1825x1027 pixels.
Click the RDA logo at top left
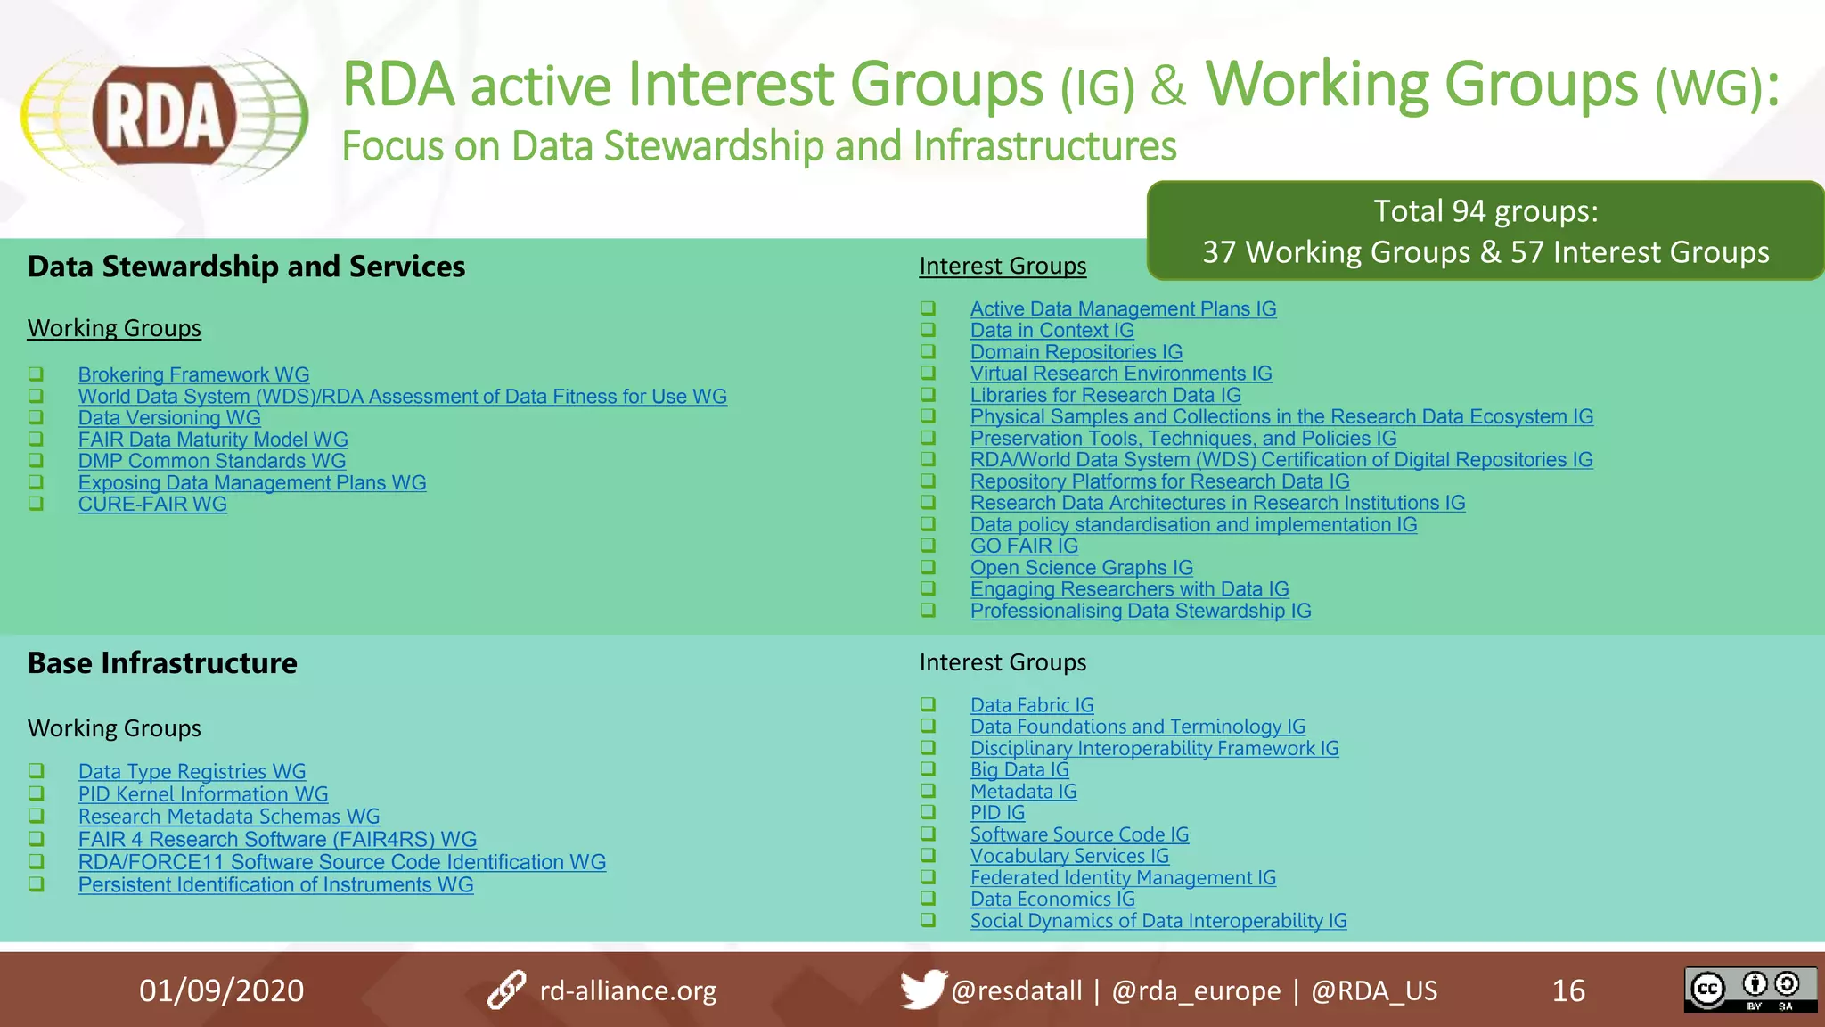pyautogui.click(x=165, y=117)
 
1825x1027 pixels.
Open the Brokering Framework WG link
pyautogui.click(x=193, y=375)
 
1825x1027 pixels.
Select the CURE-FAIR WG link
pyautogui.click(x=152, y=505)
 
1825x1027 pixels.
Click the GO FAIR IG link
pyautogui.click(x=1024, y=546)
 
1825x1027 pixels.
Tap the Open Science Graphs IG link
pyautogui.click(x=1081, y=568)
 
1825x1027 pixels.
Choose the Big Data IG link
pyautogui.click(x=1019, y=770)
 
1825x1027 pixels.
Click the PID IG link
pyautogui.click(x=997, y=813)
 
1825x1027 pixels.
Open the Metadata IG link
pyautogui.click(x=1023, y=792)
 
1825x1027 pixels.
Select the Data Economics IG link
pyautogui.click(x=1052, y=900)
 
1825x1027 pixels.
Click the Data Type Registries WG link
pyautogui.click(x=192, y=772)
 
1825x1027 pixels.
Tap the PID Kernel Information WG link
pyautogui.click(x=203, y=794)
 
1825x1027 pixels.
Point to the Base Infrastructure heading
pyautogui.click(x=162, y=663)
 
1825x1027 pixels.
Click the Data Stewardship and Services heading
pyautogui.click(x=246, y=267)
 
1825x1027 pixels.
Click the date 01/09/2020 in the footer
pyautogui.click(x=221, y=990)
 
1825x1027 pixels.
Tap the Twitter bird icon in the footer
pyautogui.click(x=922, y=990)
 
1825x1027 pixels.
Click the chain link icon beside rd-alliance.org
pyautogui.click(x=506, y=990)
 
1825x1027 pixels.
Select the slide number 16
pyautogui.click(x=1568, y=990)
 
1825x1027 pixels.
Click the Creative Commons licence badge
pyautogui.click(x=1750, y=990)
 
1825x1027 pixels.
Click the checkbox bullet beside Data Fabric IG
pyautogui.click(x=928, y=705)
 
